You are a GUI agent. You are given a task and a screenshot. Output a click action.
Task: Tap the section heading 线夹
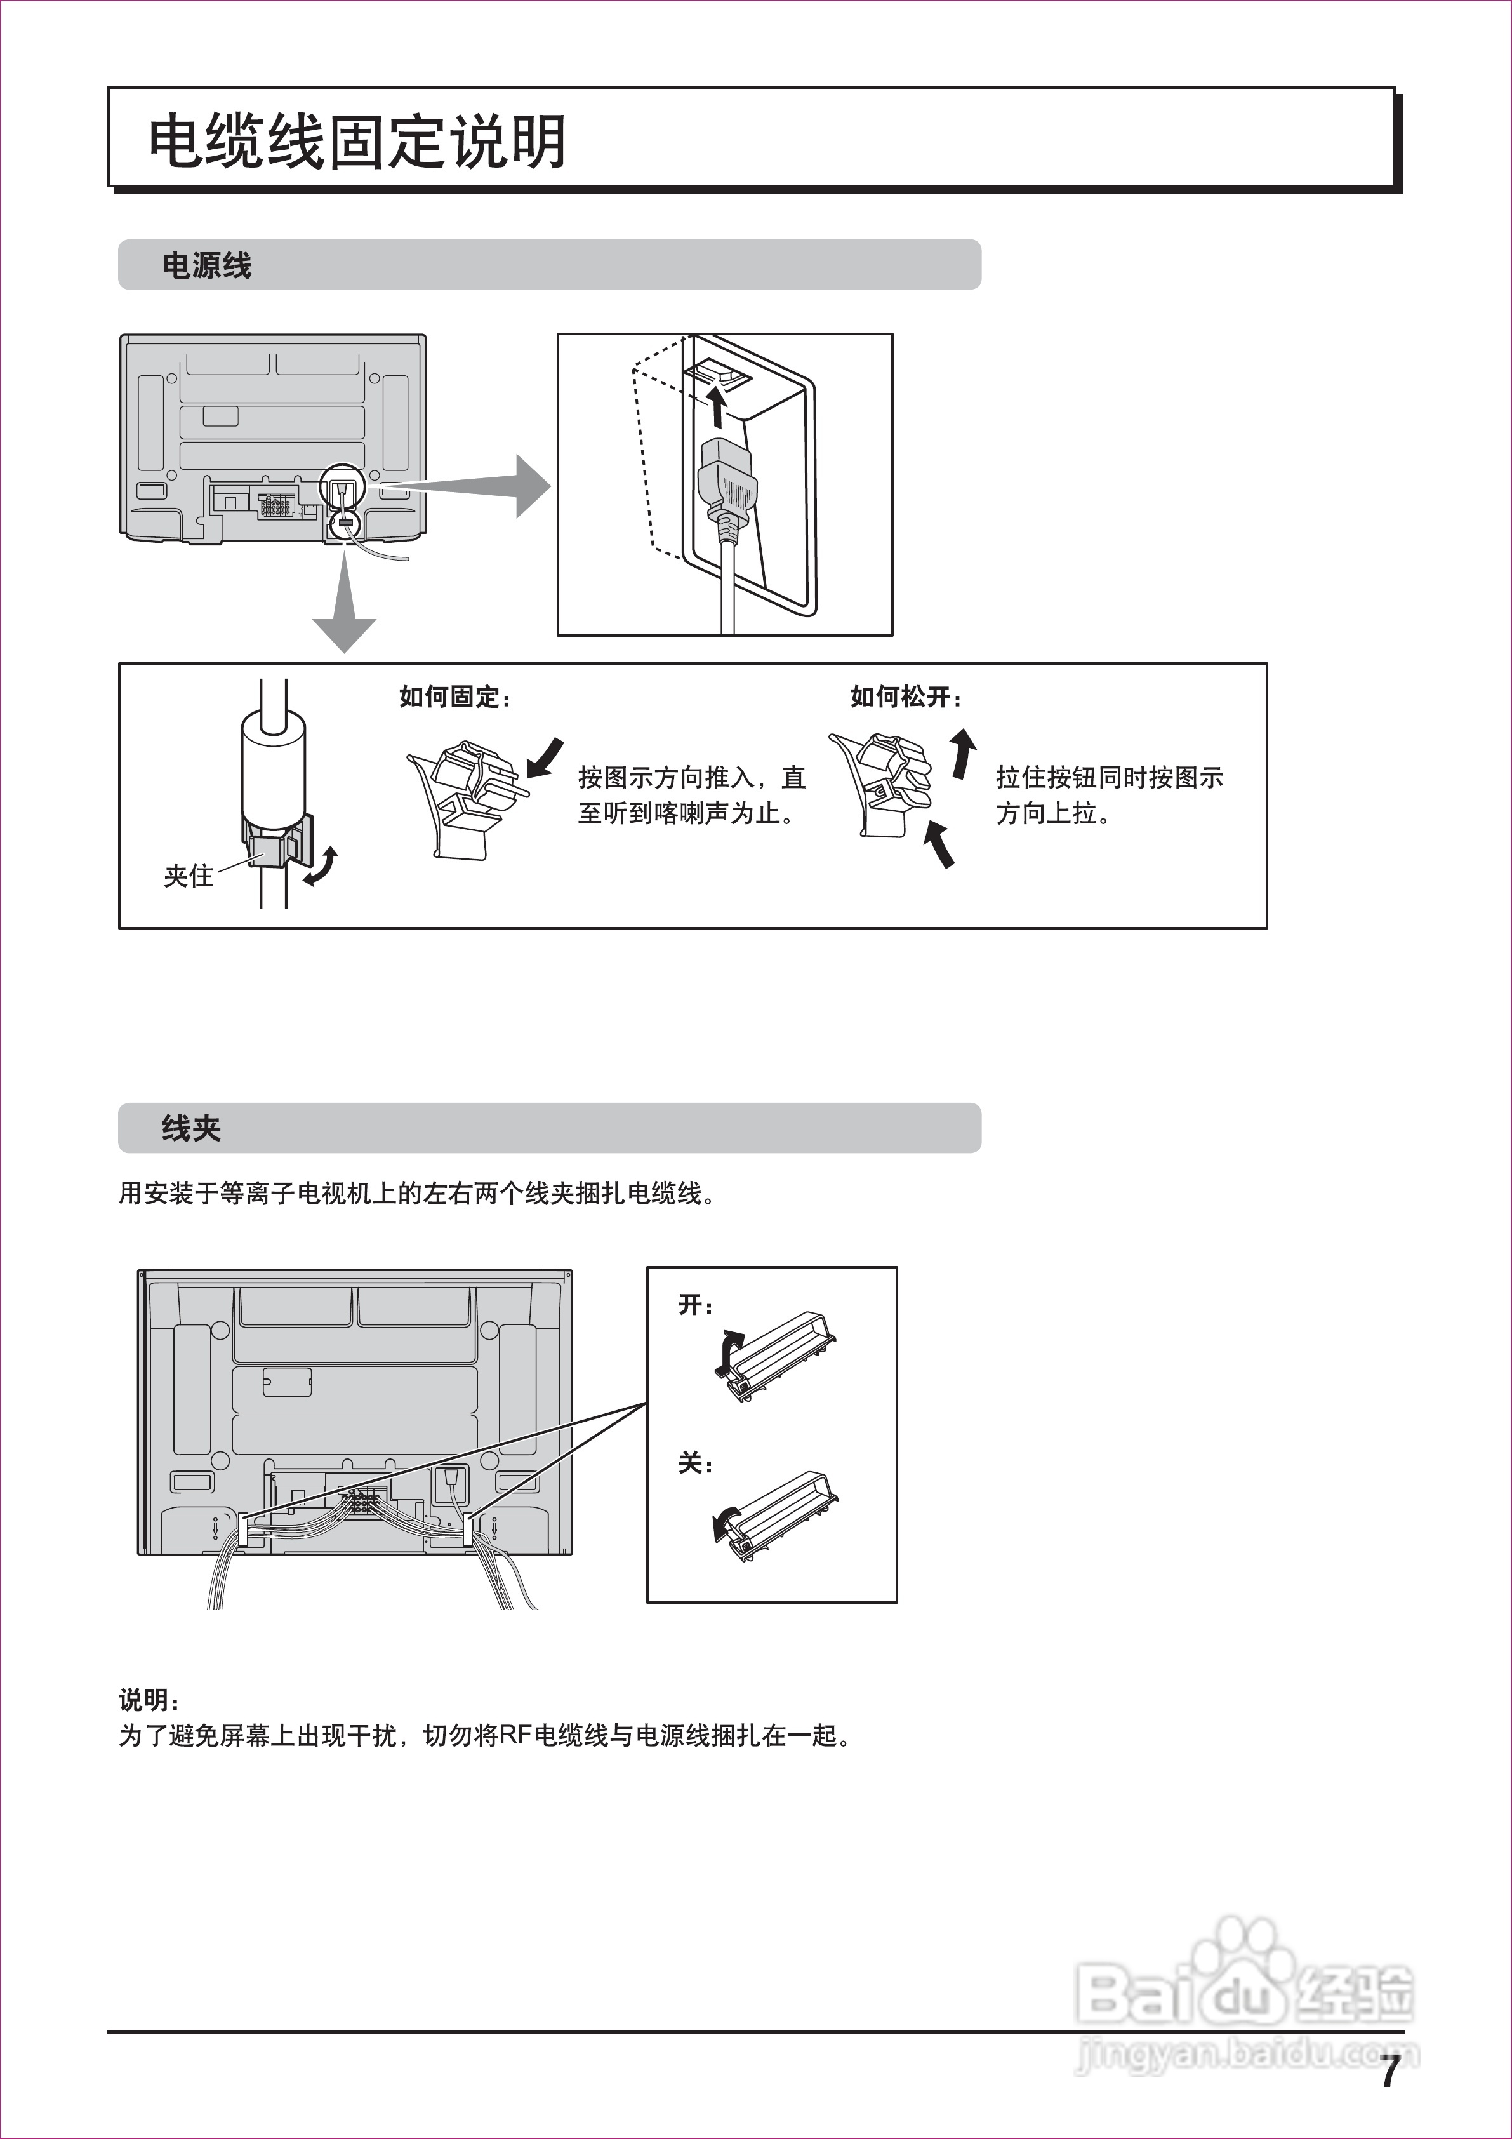click(191, 1129)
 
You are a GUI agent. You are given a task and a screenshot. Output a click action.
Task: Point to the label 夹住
click(188, 877)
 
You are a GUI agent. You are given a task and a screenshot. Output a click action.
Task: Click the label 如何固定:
click(454, 697)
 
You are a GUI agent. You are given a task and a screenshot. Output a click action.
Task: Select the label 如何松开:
click(906, 697)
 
